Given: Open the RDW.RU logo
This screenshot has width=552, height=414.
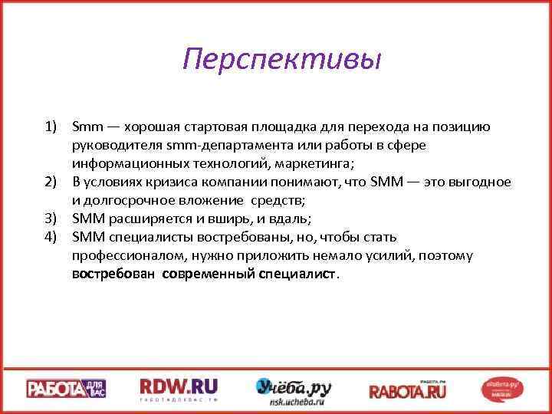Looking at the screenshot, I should pos(179,389).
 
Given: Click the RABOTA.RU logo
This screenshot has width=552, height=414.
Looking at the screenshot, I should pos(407,389).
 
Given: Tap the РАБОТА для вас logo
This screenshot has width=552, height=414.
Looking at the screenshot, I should pos(67,389).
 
